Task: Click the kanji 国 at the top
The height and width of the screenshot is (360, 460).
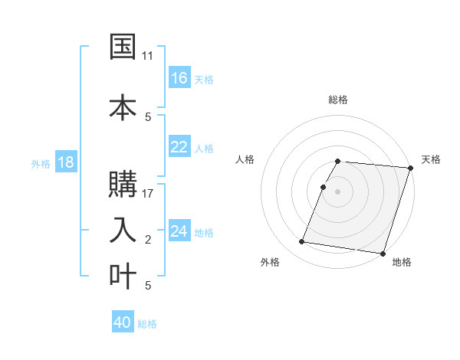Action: tap(123, 47)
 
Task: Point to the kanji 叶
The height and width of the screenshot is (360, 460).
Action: tap(123, 277)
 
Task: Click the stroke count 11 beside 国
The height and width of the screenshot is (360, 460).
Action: tap(148, 56)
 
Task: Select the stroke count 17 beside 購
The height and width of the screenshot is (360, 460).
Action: tap(148, 193)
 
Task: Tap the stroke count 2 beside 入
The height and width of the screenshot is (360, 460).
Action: tap(148, 240)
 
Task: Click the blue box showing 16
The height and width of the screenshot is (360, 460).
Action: tap(179, 78)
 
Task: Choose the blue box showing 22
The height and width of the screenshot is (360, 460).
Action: tap(179, 147)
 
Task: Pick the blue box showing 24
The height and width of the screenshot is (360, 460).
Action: tap(179, 231)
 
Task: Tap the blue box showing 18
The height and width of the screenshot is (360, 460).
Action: tap(65, 163)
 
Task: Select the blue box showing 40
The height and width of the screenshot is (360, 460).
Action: tap(123, 322)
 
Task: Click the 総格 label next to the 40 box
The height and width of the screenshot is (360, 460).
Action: tap(148, 324)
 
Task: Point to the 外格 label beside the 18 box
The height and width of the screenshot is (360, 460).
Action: tap(41, 164)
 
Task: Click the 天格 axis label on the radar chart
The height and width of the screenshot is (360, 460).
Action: tap(431, 159)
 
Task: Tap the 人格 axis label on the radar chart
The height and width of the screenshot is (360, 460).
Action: tap(245, 159)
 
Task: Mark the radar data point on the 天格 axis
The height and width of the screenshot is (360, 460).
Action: tap(410, 168)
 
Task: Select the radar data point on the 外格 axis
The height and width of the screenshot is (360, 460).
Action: tap(302, 242)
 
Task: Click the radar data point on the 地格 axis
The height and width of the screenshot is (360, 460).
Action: tap(383, 253)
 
